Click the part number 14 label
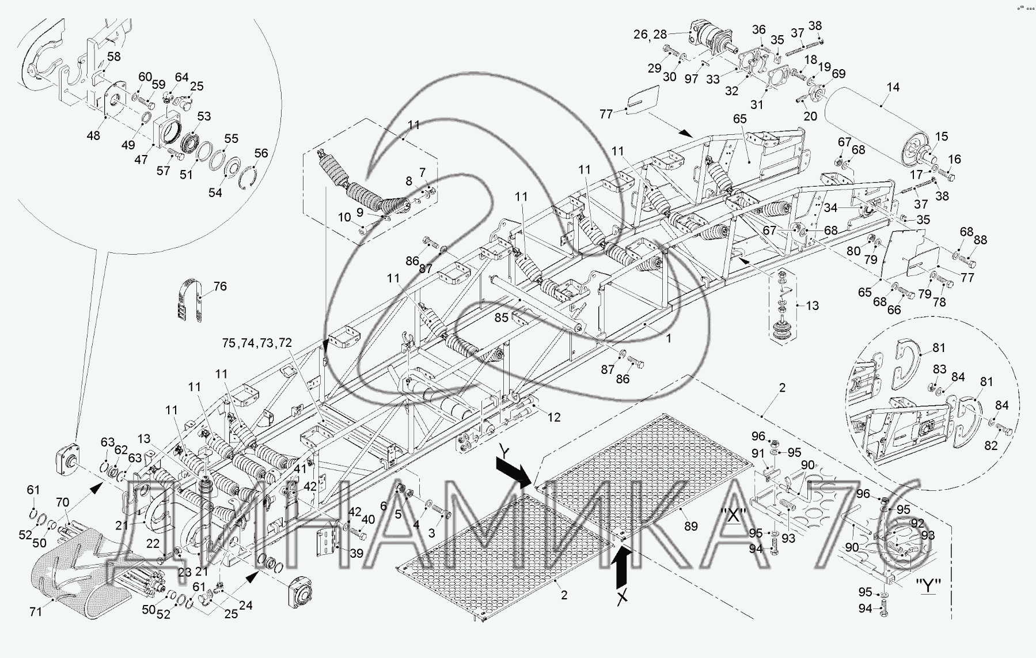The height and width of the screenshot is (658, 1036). (893, 87)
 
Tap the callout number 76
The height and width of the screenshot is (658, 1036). (220, 286)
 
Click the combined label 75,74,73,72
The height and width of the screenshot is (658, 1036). (257, 343)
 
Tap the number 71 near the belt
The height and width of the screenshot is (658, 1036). (36, 612)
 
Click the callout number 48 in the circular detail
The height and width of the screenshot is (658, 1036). (93, 135)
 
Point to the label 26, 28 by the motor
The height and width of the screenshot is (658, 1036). (650, 35)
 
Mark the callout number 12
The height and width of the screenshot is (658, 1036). (554, 417)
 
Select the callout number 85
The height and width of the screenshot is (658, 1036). (502, 317)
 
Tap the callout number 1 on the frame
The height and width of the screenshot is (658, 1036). (669, 339)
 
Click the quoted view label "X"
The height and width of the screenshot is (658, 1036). (733, 516)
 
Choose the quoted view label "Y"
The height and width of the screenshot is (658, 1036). (929, 588)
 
